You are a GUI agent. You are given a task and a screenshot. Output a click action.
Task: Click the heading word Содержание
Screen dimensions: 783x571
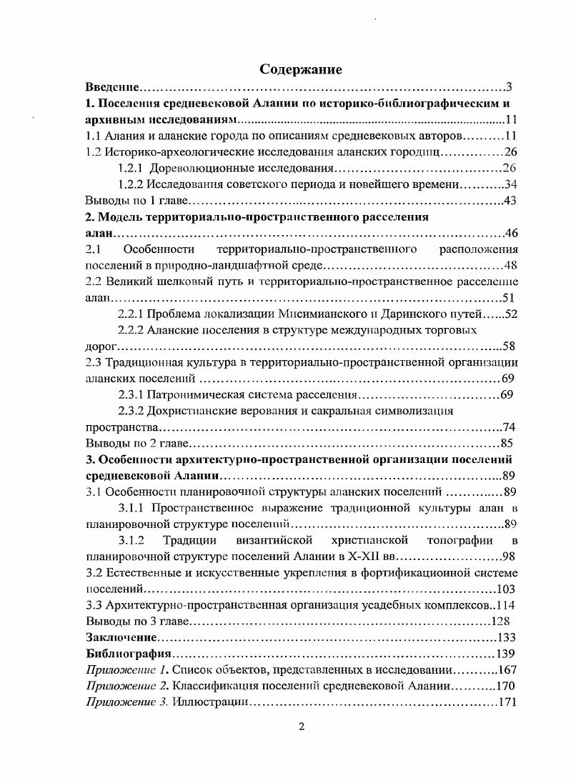(301, 69)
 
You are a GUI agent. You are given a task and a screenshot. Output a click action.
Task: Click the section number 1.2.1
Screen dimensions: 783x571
(133, 168)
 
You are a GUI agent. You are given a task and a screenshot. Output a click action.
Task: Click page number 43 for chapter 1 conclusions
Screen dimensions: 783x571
(510, 201)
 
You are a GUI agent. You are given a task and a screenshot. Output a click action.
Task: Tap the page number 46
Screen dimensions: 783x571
(510, 234)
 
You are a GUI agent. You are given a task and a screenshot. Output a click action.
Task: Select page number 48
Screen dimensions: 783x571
(510, 266)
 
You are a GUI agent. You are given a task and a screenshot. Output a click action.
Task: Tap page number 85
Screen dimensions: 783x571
(510, 443)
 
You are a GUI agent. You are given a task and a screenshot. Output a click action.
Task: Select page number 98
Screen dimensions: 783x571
(510, 556)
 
